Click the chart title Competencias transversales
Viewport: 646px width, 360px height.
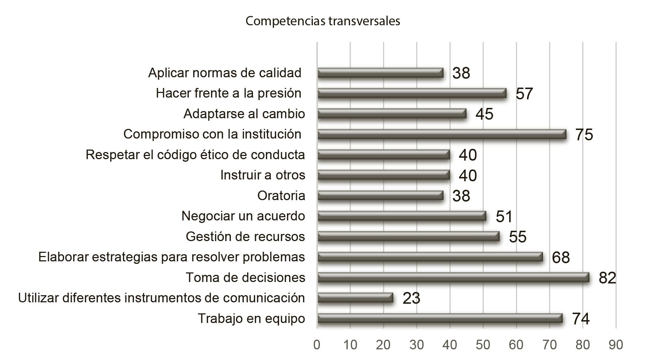pos(323,21)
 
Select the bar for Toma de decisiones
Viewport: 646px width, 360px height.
pos(453,277)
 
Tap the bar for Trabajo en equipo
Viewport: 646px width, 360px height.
pos(440,318)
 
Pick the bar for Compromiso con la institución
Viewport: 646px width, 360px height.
pos(442,134)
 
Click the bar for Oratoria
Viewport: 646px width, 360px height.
pos(381,196)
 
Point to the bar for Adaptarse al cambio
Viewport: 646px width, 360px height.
pos(392,114)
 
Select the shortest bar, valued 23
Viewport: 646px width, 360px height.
pos(355,298)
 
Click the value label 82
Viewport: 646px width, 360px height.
pos(608,278)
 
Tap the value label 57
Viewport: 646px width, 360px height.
pos(524,94)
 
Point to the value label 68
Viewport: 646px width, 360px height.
pos(561,257)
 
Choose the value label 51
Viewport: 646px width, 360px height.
pos(504,216)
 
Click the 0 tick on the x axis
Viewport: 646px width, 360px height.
pos(317,345)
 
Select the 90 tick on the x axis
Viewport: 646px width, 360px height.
pos(616,345)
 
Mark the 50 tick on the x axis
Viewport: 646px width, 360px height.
pos(483,345)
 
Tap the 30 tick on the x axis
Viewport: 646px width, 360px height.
pos(417,345)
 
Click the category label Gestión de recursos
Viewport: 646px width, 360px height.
pos(246,236)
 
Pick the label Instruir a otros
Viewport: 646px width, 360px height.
pos(263,175)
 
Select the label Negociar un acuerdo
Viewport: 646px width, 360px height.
pos(243,216)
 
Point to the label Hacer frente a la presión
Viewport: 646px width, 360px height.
pos(229,93)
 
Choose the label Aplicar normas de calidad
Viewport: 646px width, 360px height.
pos(225,73)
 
